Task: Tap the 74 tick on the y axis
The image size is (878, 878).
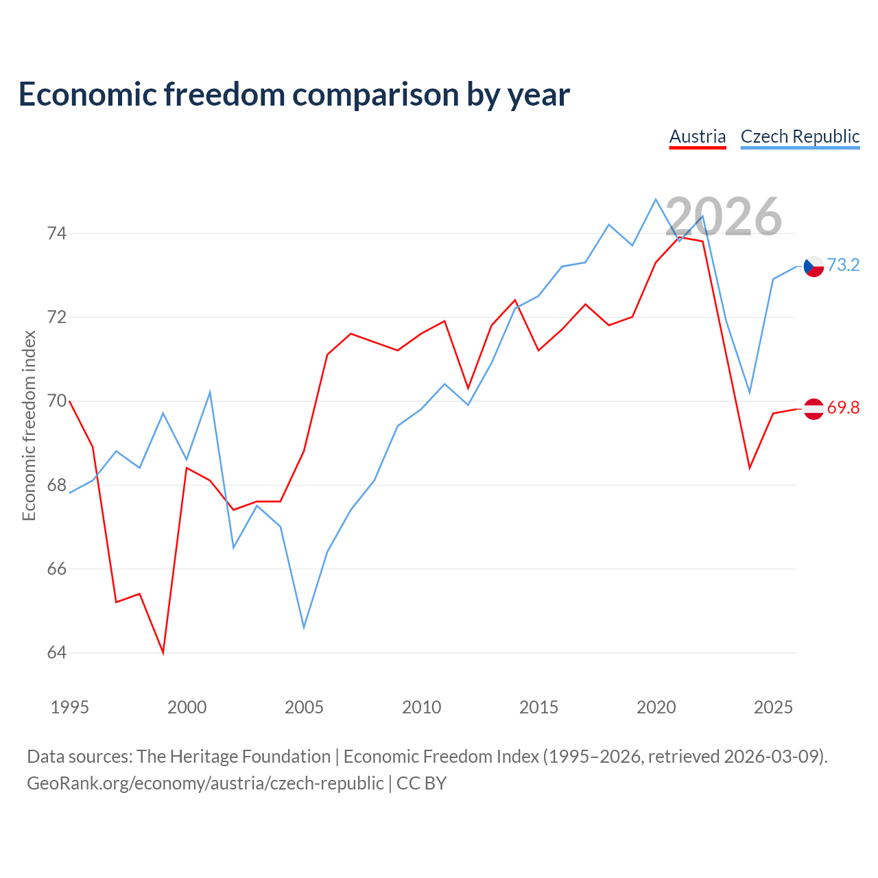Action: click(57, 233)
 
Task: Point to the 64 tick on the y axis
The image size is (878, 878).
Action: click(57, 652)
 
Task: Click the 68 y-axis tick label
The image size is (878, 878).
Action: click(57, 485)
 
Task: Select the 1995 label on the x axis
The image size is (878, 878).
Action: click(70, 707)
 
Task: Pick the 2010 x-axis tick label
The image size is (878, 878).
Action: click(421, 707)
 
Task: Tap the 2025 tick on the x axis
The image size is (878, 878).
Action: click(773, 707)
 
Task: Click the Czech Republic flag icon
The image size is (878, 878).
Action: click(814, 266)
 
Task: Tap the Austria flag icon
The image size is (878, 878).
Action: click(814, 409)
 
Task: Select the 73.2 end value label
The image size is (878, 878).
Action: click(844, 265)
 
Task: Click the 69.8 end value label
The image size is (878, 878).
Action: click(844, 407)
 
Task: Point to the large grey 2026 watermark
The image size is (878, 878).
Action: click(724, 217)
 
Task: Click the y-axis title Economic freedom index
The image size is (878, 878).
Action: click(29, 425)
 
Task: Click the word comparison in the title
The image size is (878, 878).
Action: click(376, 95)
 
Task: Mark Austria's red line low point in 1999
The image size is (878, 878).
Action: click(163, 654)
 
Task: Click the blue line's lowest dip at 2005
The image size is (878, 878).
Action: click(304, 628)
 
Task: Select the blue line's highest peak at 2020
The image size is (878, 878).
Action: click(656, 199)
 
